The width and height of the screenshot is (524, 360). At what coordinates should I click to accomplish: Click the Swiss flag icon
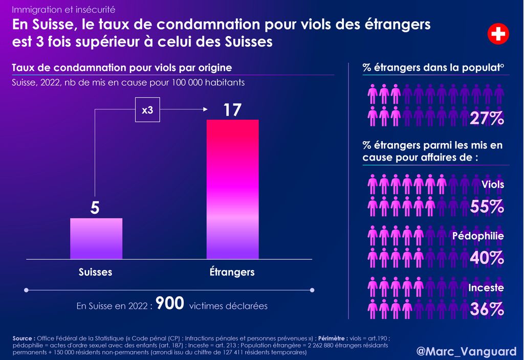[497, 34]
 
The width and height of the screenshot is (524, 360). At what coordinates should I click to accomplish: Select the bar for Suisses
[96, 238]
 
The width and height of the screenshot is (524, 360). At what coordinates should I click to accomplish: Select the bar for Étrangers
[232, 189]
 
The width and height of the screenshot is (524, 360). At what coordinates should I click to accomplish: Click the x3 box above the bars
[147, 110]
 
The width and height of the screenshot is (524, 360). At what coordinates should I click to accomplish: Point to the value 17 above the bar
[232, 110]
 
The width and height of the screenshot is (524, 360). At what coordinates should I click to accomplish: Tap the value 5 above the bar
[95, 209]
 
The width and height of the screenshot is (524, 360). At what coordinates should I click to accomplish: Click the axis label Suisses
[95, 272]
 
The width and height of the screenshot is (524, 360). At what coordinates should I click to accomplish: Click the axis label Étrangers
[232, 272]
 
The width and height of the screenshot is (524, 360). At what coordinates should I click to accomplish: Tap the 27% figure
[487, 119]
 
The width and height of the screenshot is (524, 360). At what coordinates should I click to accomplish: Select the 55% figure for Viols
[487, 207]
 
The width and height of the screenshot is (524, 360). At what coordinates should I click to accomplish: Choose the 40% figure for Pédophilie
[487, 258]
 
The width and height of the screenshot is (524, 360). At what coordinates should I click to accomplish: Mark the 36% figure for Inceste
[487, 309]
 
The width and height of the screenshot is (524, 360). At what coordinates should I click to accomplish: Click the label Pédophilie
[478, 236]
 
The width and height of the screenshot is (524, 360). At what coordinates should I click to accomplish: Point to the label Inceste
[486, 288]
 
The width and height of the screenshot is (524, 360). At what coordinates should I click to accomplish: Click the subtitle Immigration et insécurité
[63, 10]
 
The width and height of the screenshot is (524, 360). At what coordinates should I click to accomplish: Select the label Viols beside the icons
[493, 185]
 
